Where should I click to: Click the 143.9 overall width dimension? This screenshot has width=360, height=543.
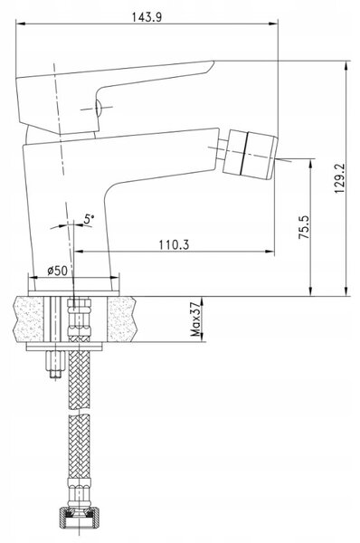(x=147, y=17)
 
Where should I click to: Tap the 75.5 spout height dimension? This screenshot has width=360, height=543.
(x=304, y=227)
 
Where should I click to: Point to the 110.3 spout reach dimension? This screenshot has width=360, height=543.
(x=174, y=245)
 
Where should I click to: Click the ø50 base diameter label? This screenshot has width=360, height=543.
(x=58, y=270)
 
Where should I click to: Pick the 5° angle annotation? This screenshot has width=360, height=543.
(x=90, y=219)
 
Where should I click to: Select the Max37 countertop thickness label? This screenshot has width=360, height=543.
(x=195, y=319)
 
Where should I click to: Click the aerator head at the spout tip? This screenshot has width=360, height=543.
(x=250, y=155)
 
